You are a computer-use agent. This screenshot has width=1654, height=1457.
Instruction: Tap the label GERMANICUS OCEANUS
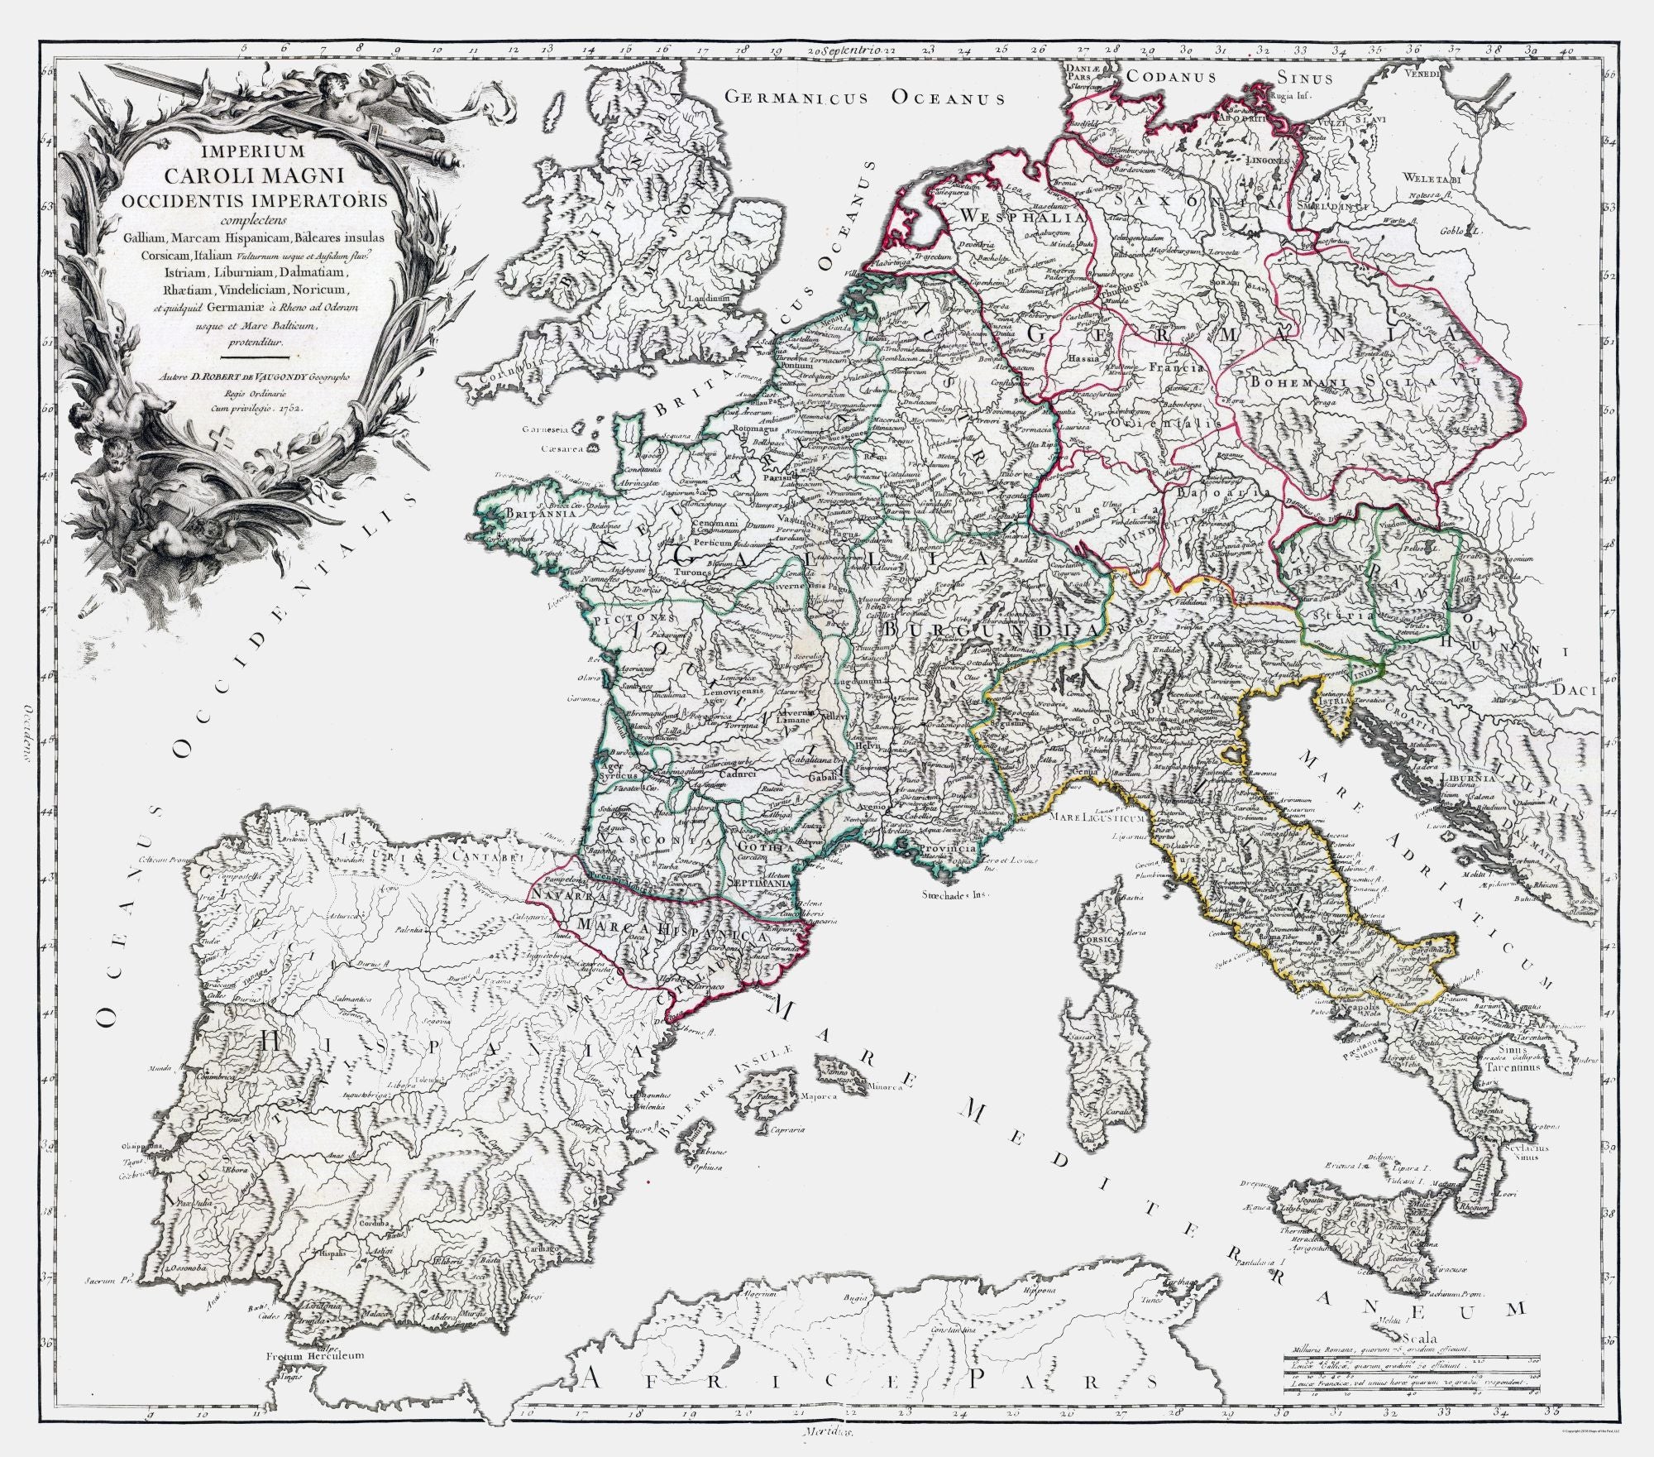coord(864,98)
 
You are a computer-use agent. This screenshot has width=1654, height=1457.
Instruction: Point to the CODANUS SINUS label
coord(1231,77)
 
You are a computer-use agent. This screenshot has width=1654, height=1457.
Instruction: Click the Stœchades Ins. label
coord(955,894)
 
